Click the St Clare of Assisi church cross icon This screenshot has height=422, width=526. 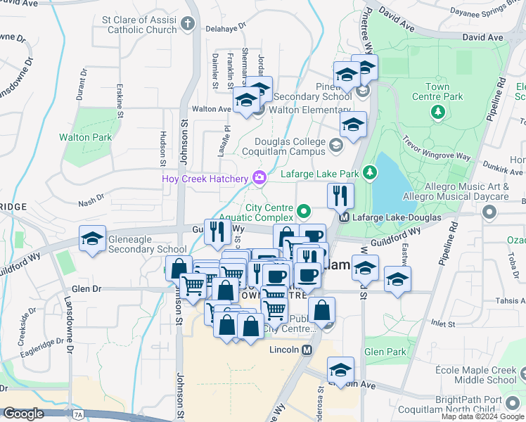pos(187,24)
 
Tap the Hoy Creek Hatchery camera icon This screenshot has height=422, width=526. pos(260,178)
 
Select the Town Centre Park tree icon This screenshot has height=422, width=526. pos(437,111)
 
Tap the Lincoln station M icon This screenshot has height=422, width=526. pos(307,350)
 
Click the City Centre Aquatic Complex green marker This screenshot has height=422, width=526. pos(304,210)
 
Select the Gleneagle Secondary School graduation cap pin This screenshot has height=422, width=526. pos(92,239)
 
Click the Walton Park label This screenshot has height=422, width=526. pos(85,137)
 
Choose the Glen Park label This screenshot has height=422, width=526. pos(385,352)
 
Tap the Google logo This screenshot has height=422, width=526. pos(23,414)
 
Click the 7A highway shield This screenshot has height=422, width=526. pos(77,415)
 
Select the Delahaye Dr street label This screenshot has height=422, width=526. pos(226,29)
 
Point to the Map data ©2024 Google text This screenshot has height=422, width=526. pos(482,416)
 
